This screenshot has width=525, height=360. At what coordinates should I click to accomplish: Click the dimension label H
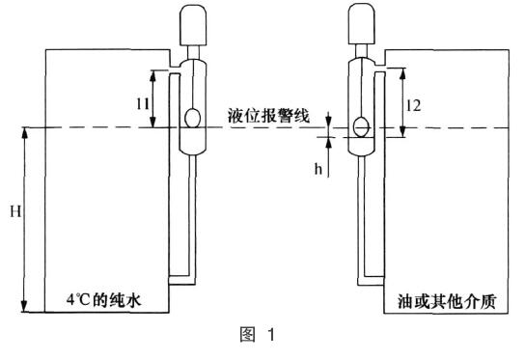13,210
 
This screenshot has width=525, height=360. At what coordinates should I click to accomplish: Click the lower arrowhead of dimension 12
401,123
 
